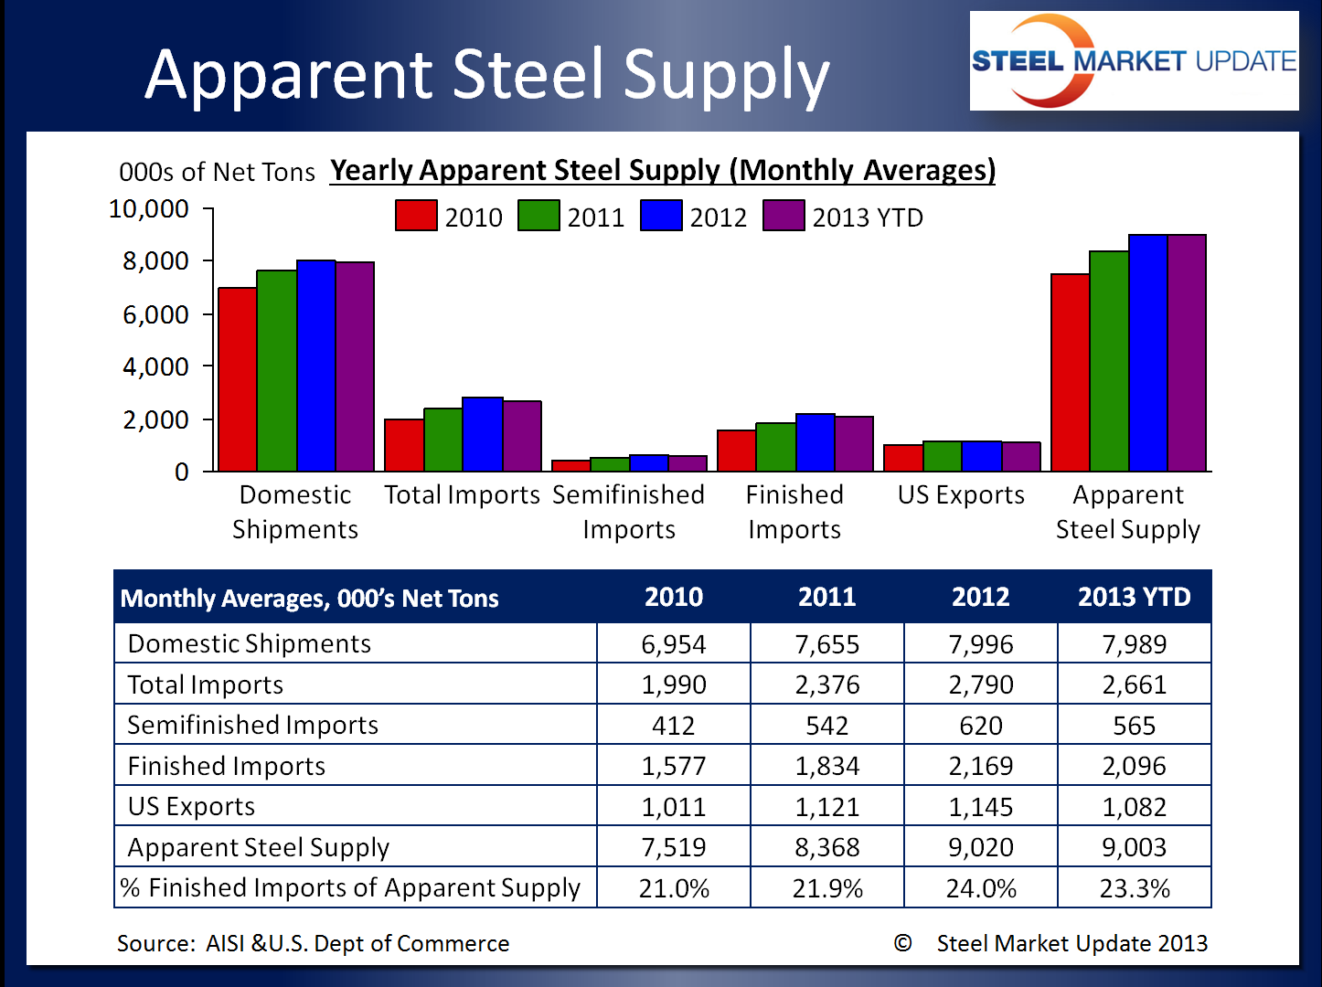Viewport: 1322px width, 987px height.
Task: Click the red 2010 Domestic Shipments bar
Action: pyautogui.click(x=237, y=379)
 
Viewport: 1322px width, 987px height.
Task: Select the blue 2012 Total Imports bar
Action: pyautogui.click(x=483, y=434)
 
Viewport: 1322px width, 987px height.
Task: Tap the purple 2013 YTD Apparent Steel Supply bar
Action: pyautogui.click(x=1187, y=353)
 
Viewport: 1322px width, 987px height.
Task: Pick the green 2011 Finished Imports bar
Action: pyautogui.click(x=775, y=447)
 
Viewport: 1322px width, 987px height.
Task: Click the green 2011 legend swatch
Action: pyautogui.click(x=538, y=216)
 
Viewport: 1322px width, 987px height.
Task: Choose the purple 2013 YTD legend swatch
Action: pyautogui.click(x=784, y=216)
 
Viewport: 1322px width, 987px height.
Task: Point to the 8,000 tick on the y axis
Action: pyautogui.click(x=155, y=261)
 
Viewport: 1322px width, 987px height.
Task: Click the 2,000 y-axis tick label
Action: pyautogui.click(x=155, y=419)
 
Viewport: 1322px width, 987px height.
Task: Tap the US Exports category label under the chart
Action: pyautogui.click(x=961, y=494)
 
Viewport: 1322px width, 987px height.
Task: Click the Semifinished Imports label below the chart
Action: pyautogui.click(x=629, y=512)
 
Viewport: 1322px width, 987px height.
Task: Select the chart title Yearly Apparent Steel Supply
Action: pyautogui.click(x=662, y=170)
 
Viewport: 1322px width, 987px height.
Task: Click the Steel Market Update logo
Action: pyautogui.click(x=1134, y=61)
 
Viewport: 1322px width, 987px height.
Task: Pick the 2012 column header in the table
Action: pyautogui.click(x=980, y=597)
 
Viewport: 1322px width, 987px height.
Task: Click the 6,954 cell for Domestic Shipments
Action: pyautogui.click(x=673, y=644)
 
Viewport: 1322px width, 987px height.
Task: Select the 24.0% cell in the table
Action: pyautogui.click(x=980, y=888)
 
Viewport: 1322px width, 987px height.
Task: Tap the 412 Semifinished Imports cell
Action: pyautogui.click(x=673, y=726)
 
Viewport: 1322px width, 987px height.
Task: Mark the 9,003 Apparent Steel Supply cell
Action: pyautogui.click(x=1134, y=847)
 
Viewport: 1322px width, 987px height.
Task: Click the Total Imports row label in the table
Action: pyautogui.click(x=206, y=685)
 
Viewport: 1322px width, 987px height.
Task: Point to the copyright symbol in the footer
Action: pyautogui.click(x=902, y=943)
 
